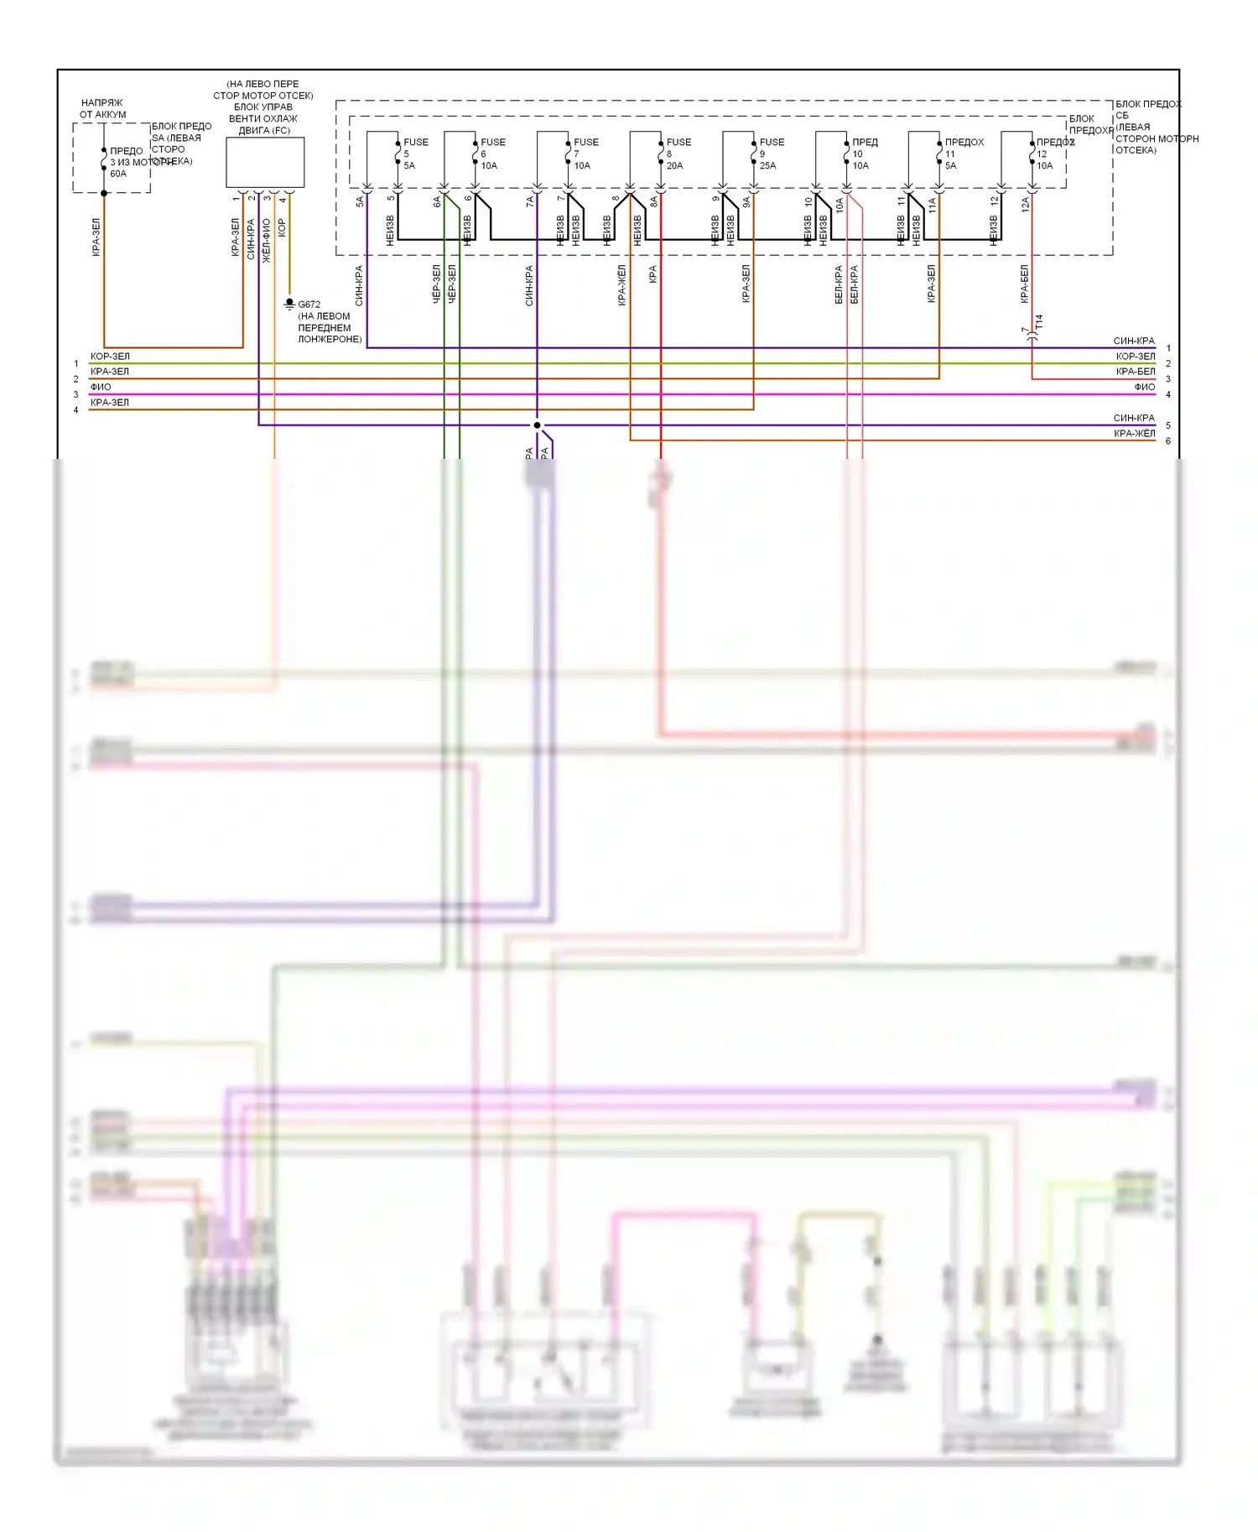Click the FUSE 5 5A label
pos(414,154)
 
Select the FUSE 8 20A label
pos(678,154)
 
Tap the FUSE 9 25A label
pos(771,154)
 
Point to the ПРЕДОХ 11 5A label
pos(963,154)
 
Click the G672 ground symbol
pos(289,304)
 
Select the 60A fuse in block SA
pos(104,159)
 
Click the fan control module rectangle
pos(265,163)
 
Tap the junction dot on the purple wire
pos(538,425)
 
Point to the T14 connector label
pos(1039,322)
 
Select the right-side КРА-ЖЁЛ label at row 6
pos(1134,434)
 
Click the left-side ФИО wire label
pos(101,387)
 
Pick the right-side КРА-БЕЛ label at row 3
pos(1135,372)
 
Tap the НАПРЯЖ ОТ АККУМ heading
pos(102,108)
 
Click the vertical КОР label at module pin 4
pos(282,227)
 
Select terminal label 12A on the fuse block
pos(1025,204)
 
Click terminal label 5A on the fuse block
pos(360,201)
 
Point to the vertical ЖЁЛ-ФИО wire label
pos(267,241)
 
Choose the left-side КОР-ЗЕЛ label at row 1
pos(110,357)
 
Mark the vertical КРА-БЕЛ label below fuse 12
pos(1024,284)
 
